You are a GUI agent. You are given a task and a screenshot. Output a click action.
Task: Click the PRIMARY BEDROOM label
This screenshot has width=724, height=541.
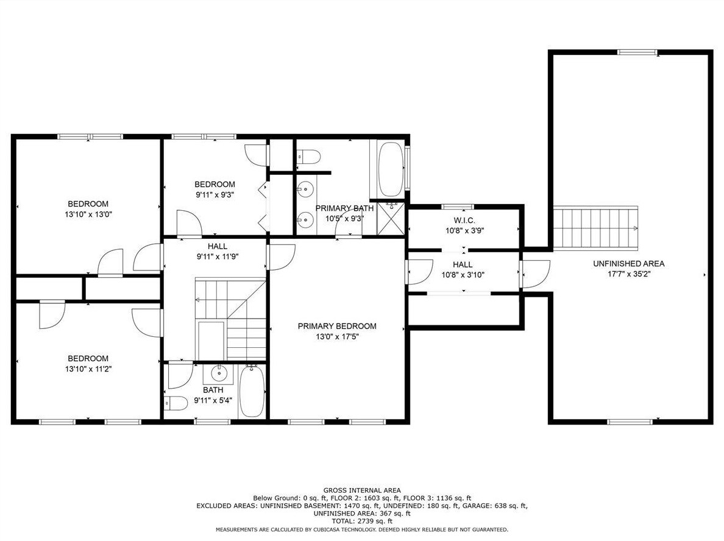click(x=336, y=326)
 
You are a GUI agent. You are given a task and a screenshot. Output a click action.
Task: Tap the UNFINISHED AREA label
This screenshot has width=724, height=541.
click(x=628, y=264)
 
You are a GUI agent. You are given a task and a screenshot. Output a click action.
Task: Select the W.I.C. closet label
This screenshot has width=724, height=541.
click(x=464, y=221)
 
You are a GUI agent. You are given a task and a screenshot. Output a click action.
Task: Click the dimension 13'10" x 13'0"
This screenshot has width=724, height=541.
click(x=88, y=214)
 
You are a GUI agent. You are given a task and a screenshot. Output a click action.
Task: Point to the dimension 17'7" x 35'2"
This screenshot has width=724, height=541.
click(x=628, y=274)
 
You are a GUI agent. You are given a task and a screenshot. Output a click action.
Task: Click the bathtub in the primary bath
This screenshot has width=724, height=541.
click(x=390, y=169)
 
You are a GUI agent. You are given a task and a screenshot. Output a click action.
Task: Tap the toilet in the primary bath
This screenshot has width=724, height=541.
click(x=308, y=157)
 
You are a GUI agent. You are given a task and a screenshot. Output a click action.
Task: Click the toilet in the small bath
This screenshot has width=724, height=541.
click(x=176, y=403)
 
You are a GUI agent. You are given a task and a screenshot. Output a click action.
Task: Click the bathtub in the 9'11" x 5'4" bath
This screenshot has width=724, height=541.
click(x=252, y=392)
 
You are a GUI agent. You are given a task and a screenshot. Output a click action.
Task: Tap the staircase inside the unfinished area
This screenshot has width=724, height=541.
click(x=595, y=228)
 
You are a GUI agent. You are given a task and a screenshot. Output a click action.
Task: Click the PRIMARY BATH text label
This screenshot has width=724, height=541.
click(x=344, y=208)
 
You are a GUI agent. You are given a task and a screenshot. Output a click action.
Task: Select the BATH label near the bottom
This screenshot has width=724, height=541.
click(x=213, y=390)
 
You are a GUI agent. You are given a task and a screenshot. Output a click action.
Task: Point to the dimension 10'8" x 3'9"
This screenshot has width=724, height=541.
click(x=464, y=231)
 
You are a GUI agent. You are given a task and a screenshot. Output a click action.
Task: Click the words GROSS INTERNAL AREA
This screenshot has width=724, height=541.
click(x=362, y=490)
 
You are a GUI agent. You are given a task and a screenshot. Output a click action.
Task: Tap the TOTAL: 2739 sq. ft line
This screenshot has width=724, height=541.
click(x=362, y=521)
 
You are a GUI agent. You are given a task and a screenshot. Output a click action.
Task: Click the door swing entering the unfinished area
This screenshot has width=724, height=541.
click(x=536, y=274)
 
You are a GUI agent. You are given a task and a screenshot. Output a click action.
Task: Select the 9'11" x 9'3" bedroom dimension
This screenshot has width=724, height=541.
click(x=215, y=195)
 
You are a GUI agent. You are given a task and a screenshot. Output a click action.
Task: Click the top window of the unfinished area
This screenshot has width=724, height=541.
click(x=637, y=52)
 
